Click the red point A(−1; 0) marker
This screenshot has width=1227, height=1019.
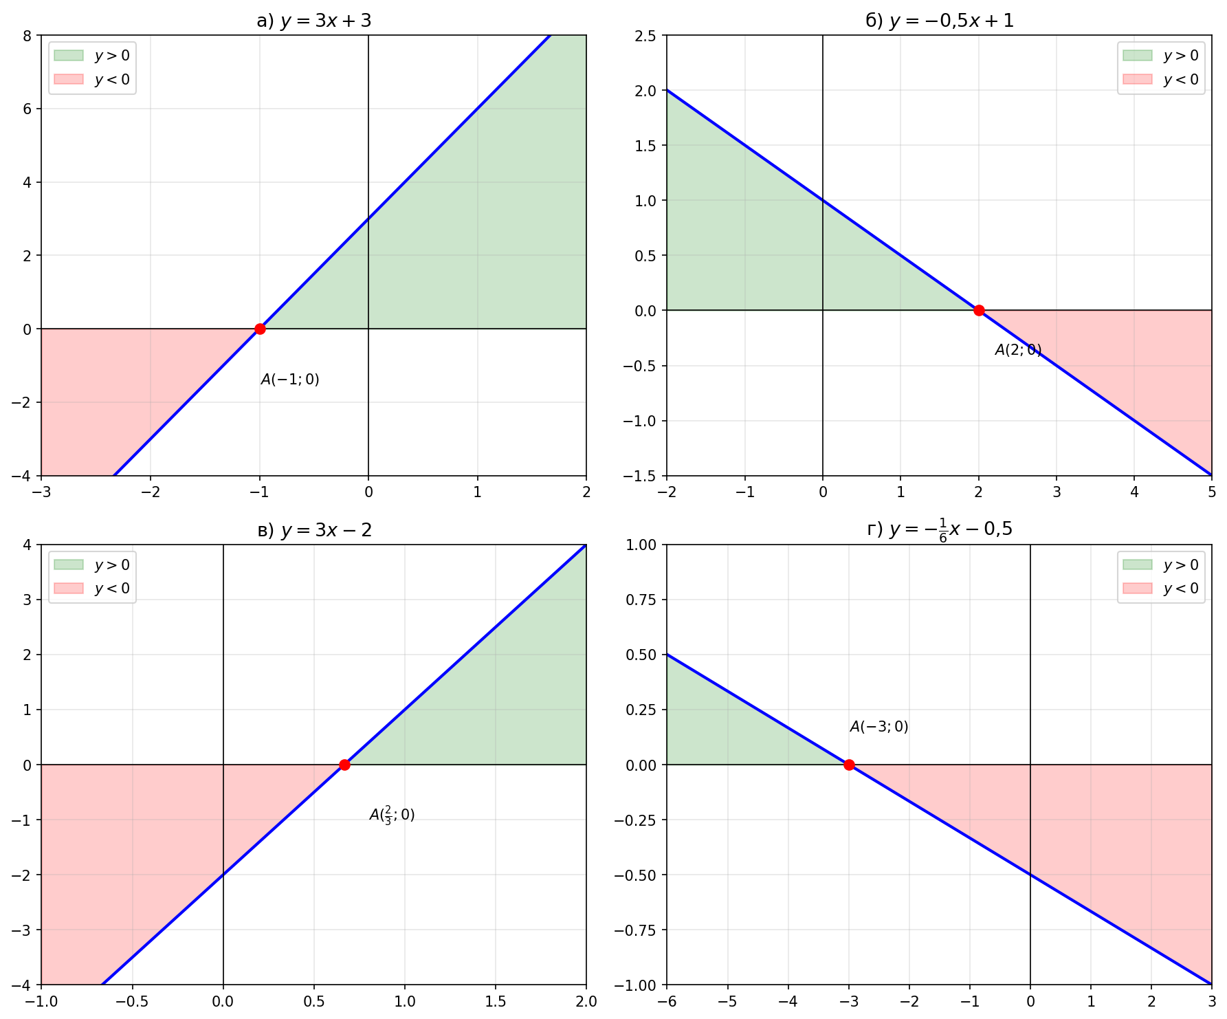260,329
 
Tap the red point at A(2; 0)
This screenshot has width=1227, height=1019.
979,310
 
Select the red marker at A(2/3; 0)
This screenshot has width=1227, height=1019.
344,765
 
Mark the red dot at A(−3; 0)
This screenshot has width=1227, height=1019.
849,765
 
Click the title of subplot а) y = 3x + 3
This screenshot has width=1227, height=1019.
313,21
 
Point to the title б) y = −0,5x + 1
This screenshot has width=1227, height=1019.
939,21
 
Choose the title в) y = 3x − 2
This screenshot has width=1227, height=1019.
313,530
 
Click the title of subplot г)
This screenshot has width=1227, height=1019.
939,529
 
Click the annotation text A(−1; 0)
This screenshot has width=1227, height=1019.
290,380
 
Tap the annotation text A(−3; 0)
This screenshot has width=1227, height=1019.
879,727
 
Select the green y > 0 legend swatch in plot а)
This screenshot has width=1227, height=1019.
68,55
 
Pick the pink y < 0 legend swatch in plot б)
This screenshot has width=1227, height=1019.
1137,79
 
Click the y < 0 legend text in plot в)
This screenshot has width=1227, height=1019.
112,589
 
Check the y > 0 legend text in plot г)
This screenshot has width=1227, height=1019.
1181,565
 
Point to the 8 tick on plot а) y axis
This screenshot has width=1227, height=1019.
27,36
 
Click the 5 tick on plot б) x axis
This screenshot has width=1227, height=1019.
1212,492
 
